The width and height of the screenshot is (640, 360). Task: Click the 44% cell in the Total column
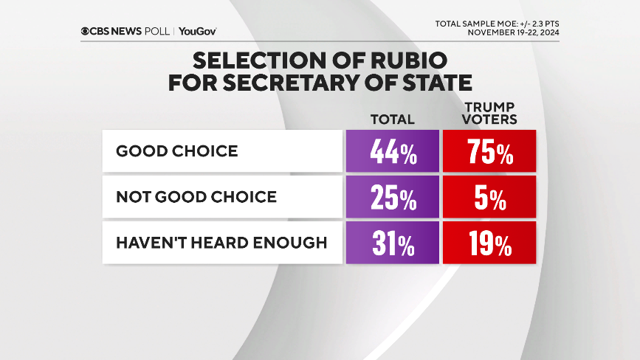392,151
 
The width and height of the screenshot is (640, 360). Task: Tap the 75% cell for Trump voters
489,151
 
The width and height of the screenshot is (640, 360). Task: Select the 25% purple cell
392,196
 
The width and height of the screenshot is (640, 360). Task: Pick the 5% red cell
489,196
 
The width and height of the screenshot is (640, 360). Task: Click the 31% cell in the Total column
392,242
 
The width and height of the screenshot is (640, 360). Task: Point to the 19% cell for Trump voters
489,242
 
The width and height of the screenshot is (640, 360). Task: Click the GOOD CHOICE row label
176,151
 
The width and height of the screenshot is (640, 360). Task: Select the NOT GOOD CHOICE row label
196,196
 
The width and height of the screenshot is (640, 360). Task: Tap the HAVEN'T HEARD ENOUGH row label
221,242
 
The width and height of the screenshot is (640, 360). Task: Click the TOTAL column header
392,119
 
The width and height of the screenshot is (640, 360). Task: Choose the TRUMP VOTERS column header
489,112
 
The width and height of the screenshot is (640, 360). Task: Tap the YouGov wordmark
198,31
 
